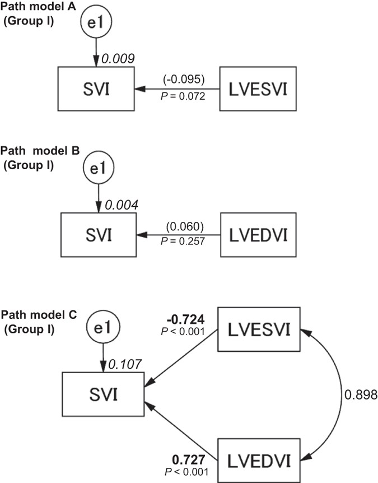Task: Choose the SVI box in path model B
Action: tap(98, 234)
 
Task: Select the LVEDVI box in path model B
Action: tap(258, 234)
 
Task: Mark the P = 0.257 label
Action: tap(182, 241)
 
